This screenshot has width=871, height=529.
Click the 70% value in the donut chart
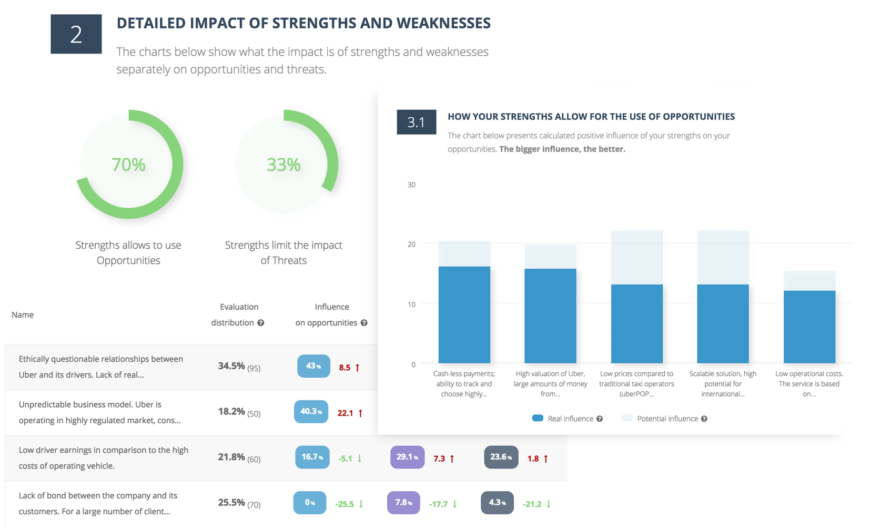[128, 165]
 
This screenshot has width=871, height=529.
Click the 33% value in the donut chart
[283, 165]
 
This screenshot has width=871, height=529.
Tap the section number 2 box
[76, 34]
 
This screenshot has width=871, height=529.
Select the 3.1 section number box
[416, 122]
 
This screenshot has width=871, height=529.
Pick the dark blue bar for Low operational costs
[809, 327]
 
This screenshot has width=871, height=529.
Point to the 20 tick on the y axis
[411, 244]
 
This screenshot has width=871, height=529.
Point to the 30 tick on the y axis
[411, 185]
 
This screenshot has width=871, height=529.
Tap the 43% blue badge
[313, 366]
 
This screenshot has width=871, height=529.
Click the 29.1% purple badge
[407, 457]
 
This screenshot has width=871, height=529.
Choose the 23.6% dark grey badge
[501, 457]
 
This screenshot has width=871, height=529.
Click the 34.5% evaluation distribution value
[231, 366]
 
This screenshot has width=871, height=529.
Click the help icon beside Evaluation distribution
[260, 323]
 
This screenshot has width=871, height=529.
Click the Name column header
[23, 314]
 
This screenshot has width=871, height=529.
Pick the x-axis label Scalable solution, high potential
[723, 384]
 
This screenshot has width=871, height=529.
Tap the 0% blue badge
[310, 503]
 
